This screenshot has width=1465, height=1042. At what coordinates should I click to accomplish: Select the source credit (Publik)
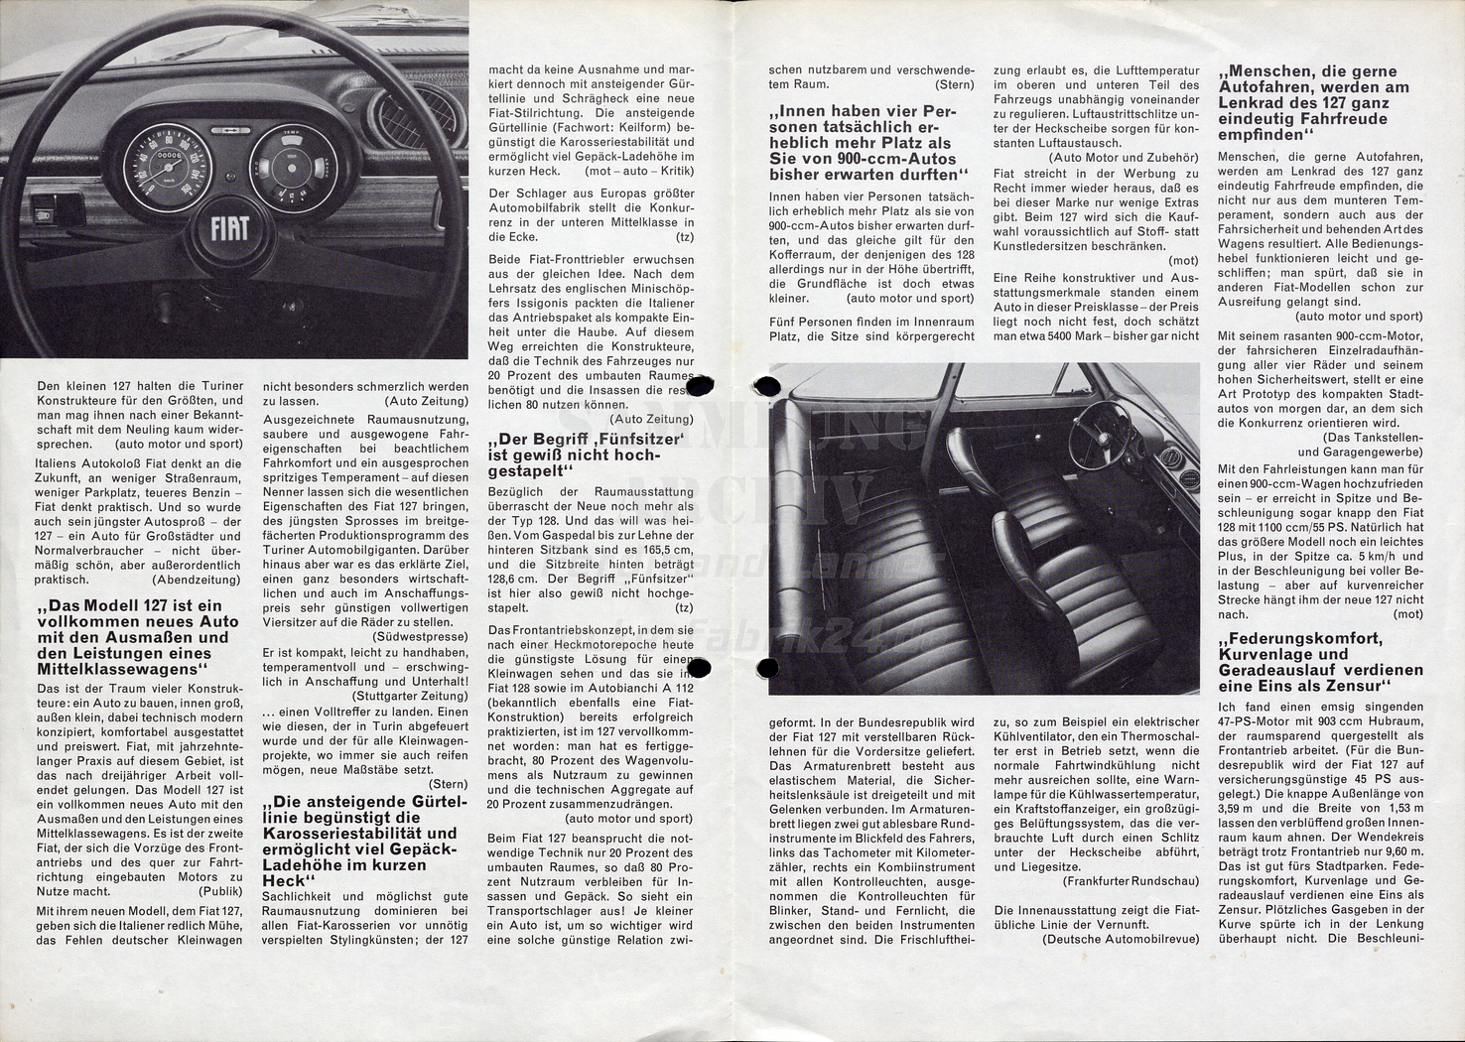(x=216, y=892)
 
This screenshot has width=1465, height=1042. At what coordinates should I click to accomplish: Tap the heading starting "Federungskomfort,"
(x=1319, y=662)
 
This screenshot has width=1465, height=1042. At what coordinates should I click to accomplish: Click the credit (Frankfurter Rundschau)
(x=1130, y=880)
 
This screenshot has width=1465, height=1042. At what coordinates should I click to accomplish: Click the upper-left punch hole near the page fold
(x=699, y=386)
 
